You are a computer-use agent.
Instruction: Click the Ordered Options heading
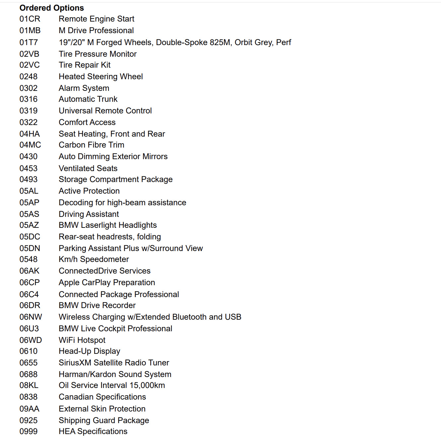pyautogui.click(x=52, y=8)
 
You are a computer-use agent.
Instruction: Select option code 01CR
pyautogui.click(x=30, y=19)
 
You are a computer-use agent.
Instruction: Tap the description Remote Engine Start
pyautogui.click(x=96, y=19)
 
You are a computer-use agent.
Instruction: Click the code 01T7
pyautogui.click(x=29, y=42)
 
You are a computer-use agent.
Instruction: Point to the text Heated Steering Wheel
pyautogui.click(x=101, y=77)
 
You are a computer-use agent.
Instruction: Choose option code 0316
pyautogui.click(x=29, y=99)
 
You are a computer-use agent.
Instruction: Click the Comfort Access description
pyautogui.click(x=87, y=122)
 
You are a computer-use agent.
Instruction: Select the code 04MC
pyautogui.click(x=30, y=145)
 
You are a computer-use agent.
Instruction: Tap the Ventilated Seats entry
pyautogui.click(x=88, y=168)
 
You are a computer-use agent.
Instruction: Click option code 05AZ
pyautogui.click(x=29, y=225)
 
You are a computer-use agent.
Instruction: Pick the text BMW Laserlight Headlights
pyautogui.click(x=108, y=225)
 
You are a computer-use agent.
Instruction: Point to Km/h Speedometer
pyautogui.click(x=94, y=259)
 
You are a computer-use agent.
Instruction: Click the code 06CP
pyautogui.click(x=30, y=283)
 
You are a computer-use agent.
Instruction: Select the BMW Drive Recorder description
pyautogui.click(x=97, y=305)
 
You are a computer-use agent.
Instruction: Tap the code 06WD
pyautogui.click(x=31, y=340)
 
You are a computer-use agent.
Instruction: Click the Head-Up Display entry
pyautogui.click(x=90, y=351)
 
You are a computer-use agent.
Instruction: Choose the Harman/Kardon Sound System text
pyautogui.click(x=115, y=374)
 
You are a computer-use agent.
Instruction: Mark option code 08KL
pyautogui.click(x=29, y=385)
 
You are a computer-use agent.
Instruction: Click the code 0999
pyautogui.click(x=29, y=431)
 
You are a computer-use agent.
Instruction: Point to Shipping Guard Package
pyautogui.click(x=104, y=420)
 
